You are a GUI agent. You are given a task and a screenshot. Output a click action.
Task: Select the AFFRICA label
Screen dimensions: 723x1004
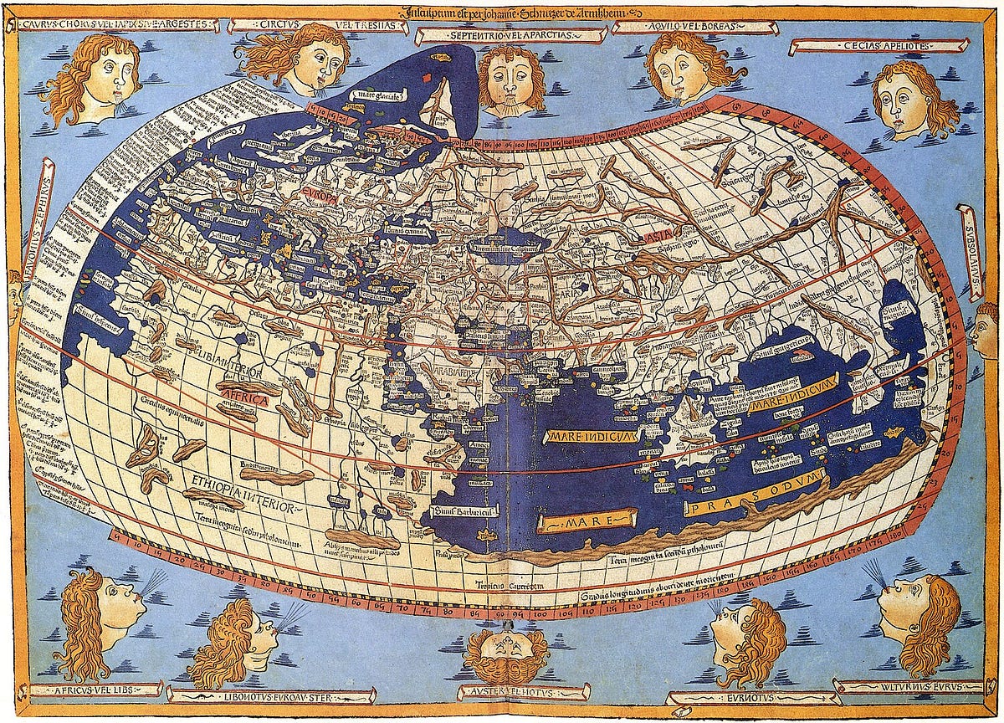243,400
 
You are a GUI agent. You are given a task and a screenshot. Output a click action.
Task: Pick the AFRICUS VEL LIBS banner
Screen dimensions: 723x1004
94,690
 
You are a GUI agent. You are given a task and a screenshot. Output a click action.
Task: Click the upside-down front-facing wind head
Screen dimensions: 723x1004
506,651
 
